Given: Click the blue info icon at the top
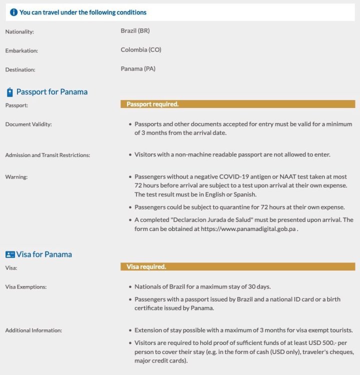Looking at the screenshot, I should (x=13, y=12).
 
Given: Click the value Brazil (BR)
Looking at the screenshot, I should (x=135, y=31).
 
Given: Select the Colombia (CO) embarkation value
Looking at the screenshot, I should (x=140, y=50).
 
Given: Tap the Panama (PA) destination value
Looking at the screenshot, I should (x=138, y=69).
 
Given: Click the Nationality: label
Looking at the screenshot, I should (x=19, y=32).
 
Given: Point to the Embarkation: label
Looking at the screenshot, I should (x=21, y=51).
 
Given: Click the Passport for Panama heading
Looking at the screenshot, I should (x=51, y=92).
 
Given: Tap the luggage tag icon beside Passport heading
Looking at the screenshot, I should (x=9, y=92).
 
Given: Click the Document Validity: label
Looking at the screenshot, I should (x=28, y=124).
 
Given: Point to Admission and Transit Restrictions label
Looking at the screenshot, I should (x=47, y=155).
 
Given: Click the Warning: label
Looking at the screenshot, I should (x=16, y=177).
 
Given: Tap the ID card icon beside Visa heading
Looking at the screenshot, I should (x=10, y=254).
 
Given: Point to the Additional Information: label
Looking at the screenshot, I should (x=33, y=330).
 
